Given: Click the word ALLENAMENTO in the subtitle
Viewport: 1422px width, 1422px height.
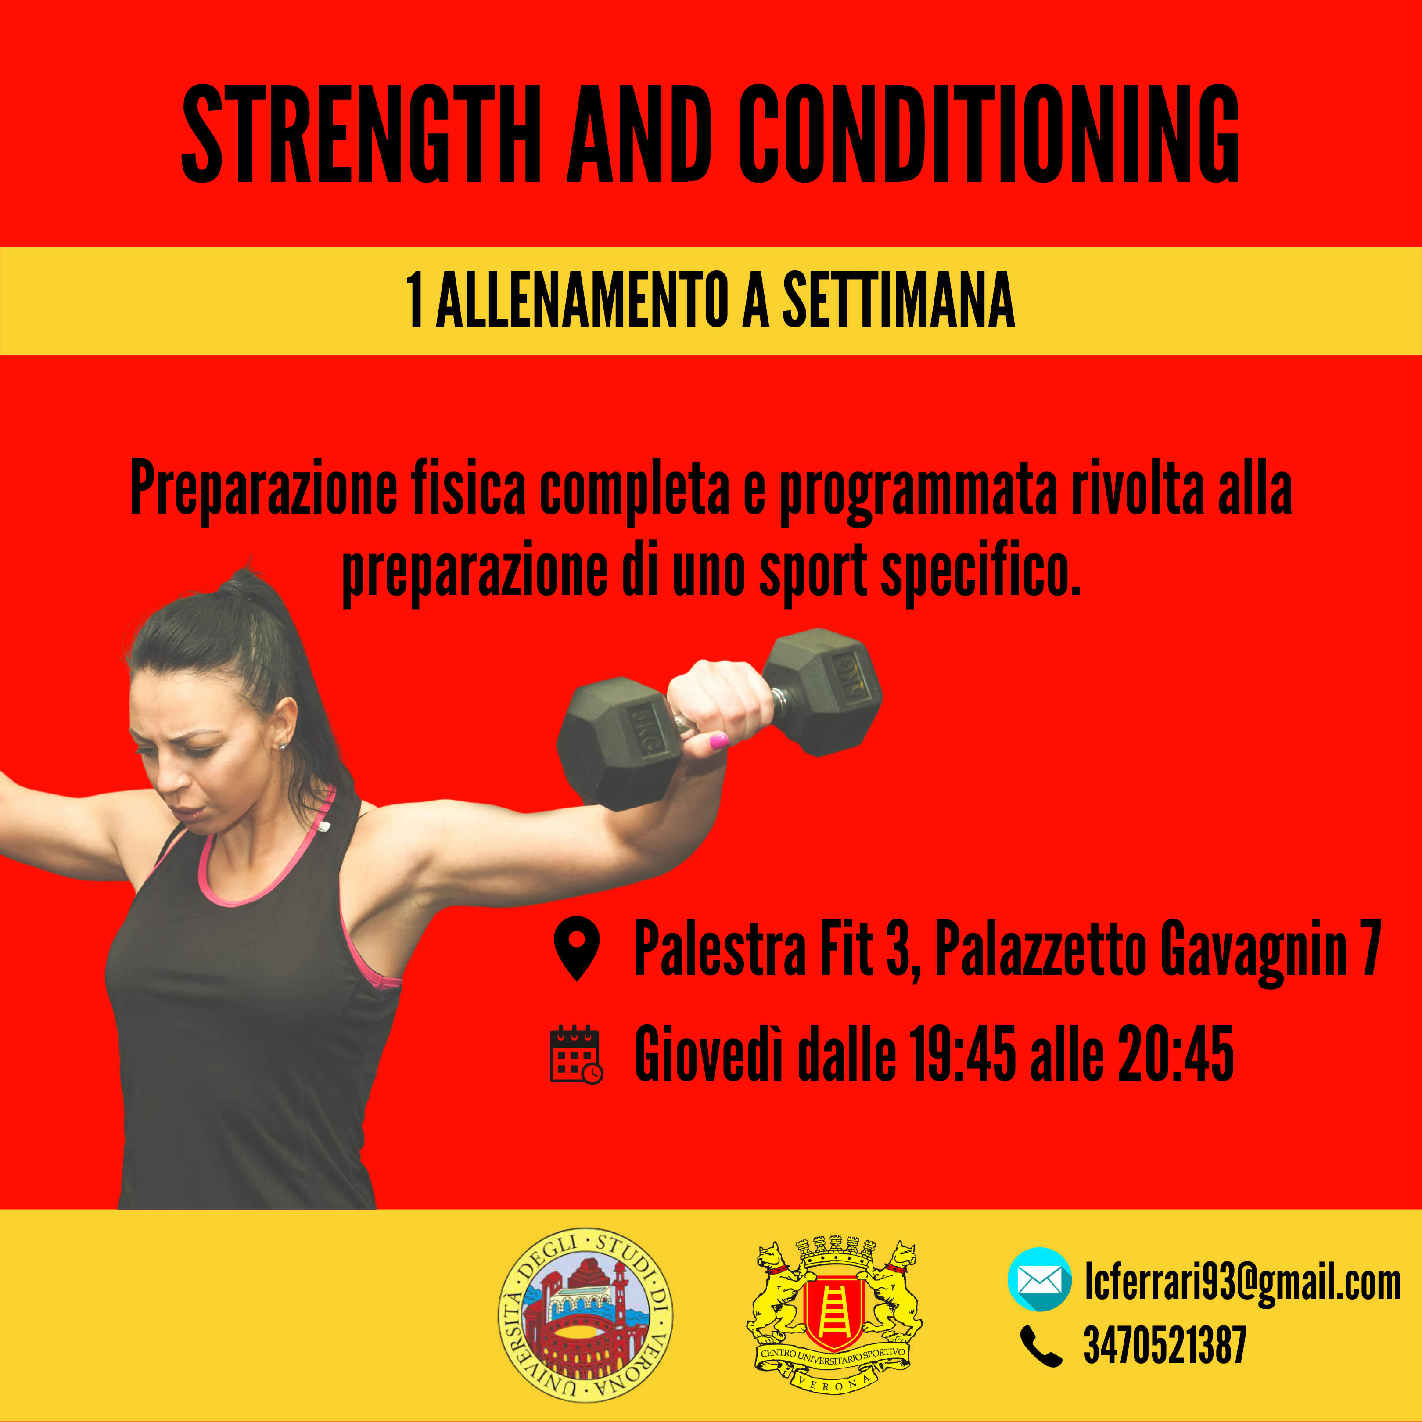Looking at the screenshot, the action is coord(582,300).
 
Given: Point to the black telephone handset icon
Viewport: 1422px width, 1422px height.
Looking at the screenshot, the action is coord(1041,1346).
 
